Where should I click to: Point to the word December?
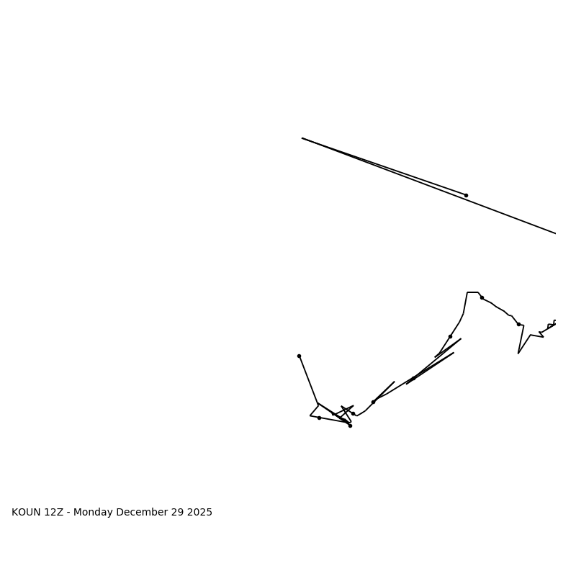141,513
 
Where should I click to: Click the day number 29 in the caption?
176,513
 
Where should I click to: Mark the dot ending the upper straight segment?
466,195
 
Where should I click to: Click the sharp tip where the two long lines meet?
302,138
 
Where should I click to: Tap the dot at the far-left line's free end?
299,356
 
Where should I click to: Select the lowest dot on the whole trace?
350,426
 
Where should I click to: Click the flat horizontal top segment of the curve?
472,292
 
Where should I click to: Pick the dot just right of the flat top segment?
482,297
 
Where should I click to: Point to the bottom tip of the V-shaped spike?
518,353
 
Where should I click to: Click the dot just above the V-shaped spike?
518,324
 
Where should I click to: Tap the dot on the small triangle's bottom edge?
319,418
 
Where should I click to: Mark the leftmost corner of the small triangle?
310,415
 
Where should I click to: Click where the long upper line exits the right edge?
555,233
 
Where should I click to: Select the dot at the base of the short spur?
373,402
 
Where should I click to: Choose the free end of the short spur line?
394,382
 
